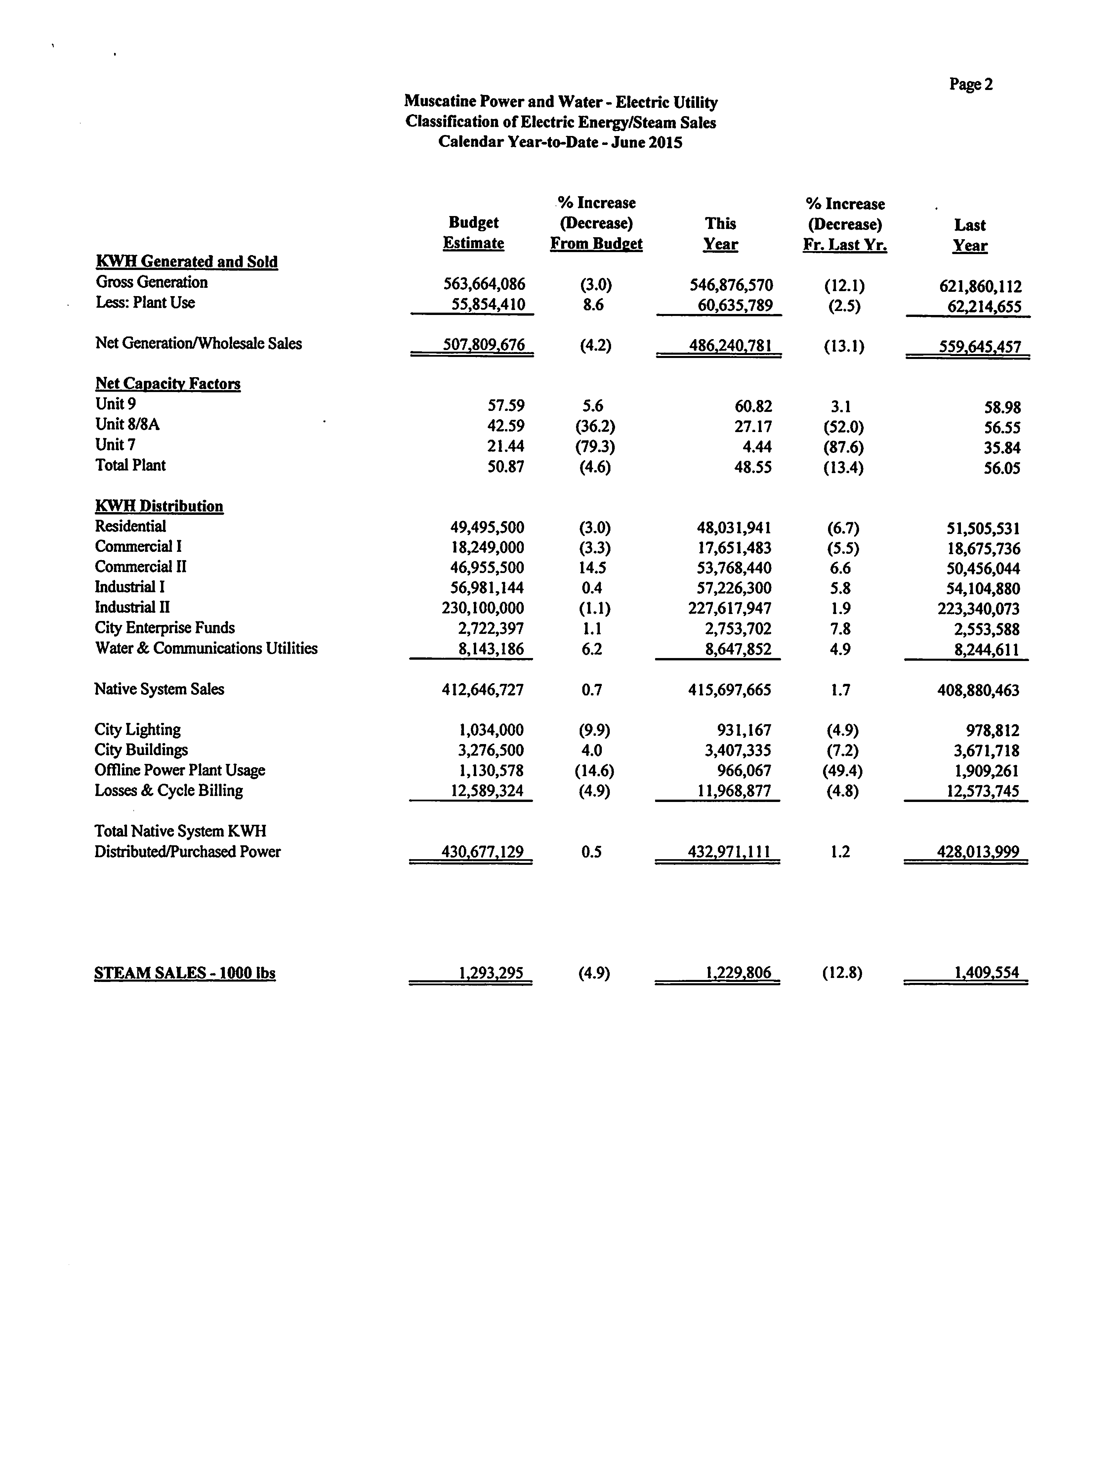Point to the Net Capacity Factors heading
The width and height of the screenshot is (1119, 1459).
click(x=168, y=384)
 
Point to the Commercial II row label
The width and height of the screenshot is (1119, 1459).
click(x=141, y=567)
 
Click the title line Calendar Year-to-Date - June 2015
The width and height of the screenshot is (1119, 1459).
click(x=560, y=143)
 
